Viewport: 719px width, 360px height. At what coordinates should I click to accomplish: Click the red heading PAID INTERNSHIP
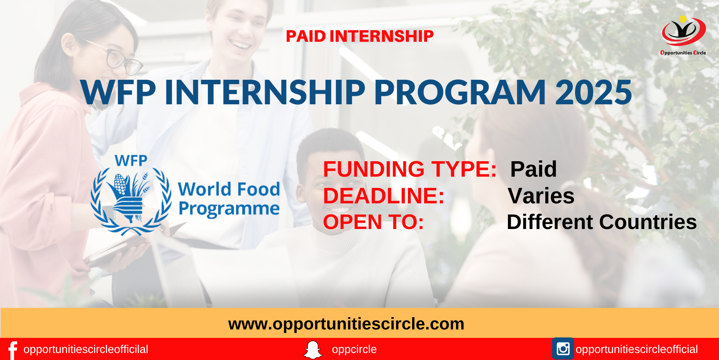point(359,36)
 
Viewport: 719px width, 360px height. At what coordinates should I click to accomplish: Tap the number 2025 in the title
point(593,92)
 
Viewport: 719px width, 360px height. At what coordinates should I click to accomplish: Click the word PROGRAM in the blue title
point(460,92)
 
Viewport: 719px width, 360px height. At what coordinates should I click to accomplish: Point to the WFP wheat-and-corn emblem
point(131,201)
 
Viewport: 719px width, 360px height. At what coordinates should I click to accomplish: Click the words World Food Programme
point(229,199)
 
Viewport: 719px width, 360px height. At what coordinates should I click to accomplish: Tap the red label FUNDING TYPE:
point(410,169)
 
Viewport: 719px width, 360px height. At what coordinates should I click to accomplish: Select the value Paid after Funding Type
point(533,169)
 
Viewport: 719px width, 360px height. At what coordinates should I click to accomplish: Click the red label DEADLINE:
point(384,196)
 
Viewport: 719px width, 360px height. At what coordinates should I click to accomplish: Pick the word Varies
point(541,196)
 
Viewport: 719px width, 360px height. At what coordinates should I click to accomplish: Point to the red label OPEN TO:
point(374,222)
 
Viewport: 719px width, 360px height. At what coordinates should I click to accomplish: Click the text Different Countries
point(602,222)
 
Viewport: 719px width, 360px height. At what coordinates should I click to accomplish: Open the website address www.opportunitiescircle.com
point(346,324)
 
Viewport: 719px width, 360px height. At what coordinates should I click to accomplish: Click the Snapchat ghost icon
point(312,350)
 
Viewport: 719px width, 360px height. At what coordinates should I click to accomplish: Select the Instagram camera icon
point(563,348)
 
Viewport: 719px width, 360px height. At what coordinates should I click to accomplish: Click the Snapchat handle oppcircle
point(354,349)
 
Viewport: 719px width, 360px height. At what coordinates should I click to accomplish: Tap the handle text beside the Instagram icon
point(636,349)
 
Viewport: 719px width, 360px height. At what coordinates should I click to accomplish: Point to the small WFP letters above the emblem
point(131,161)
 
